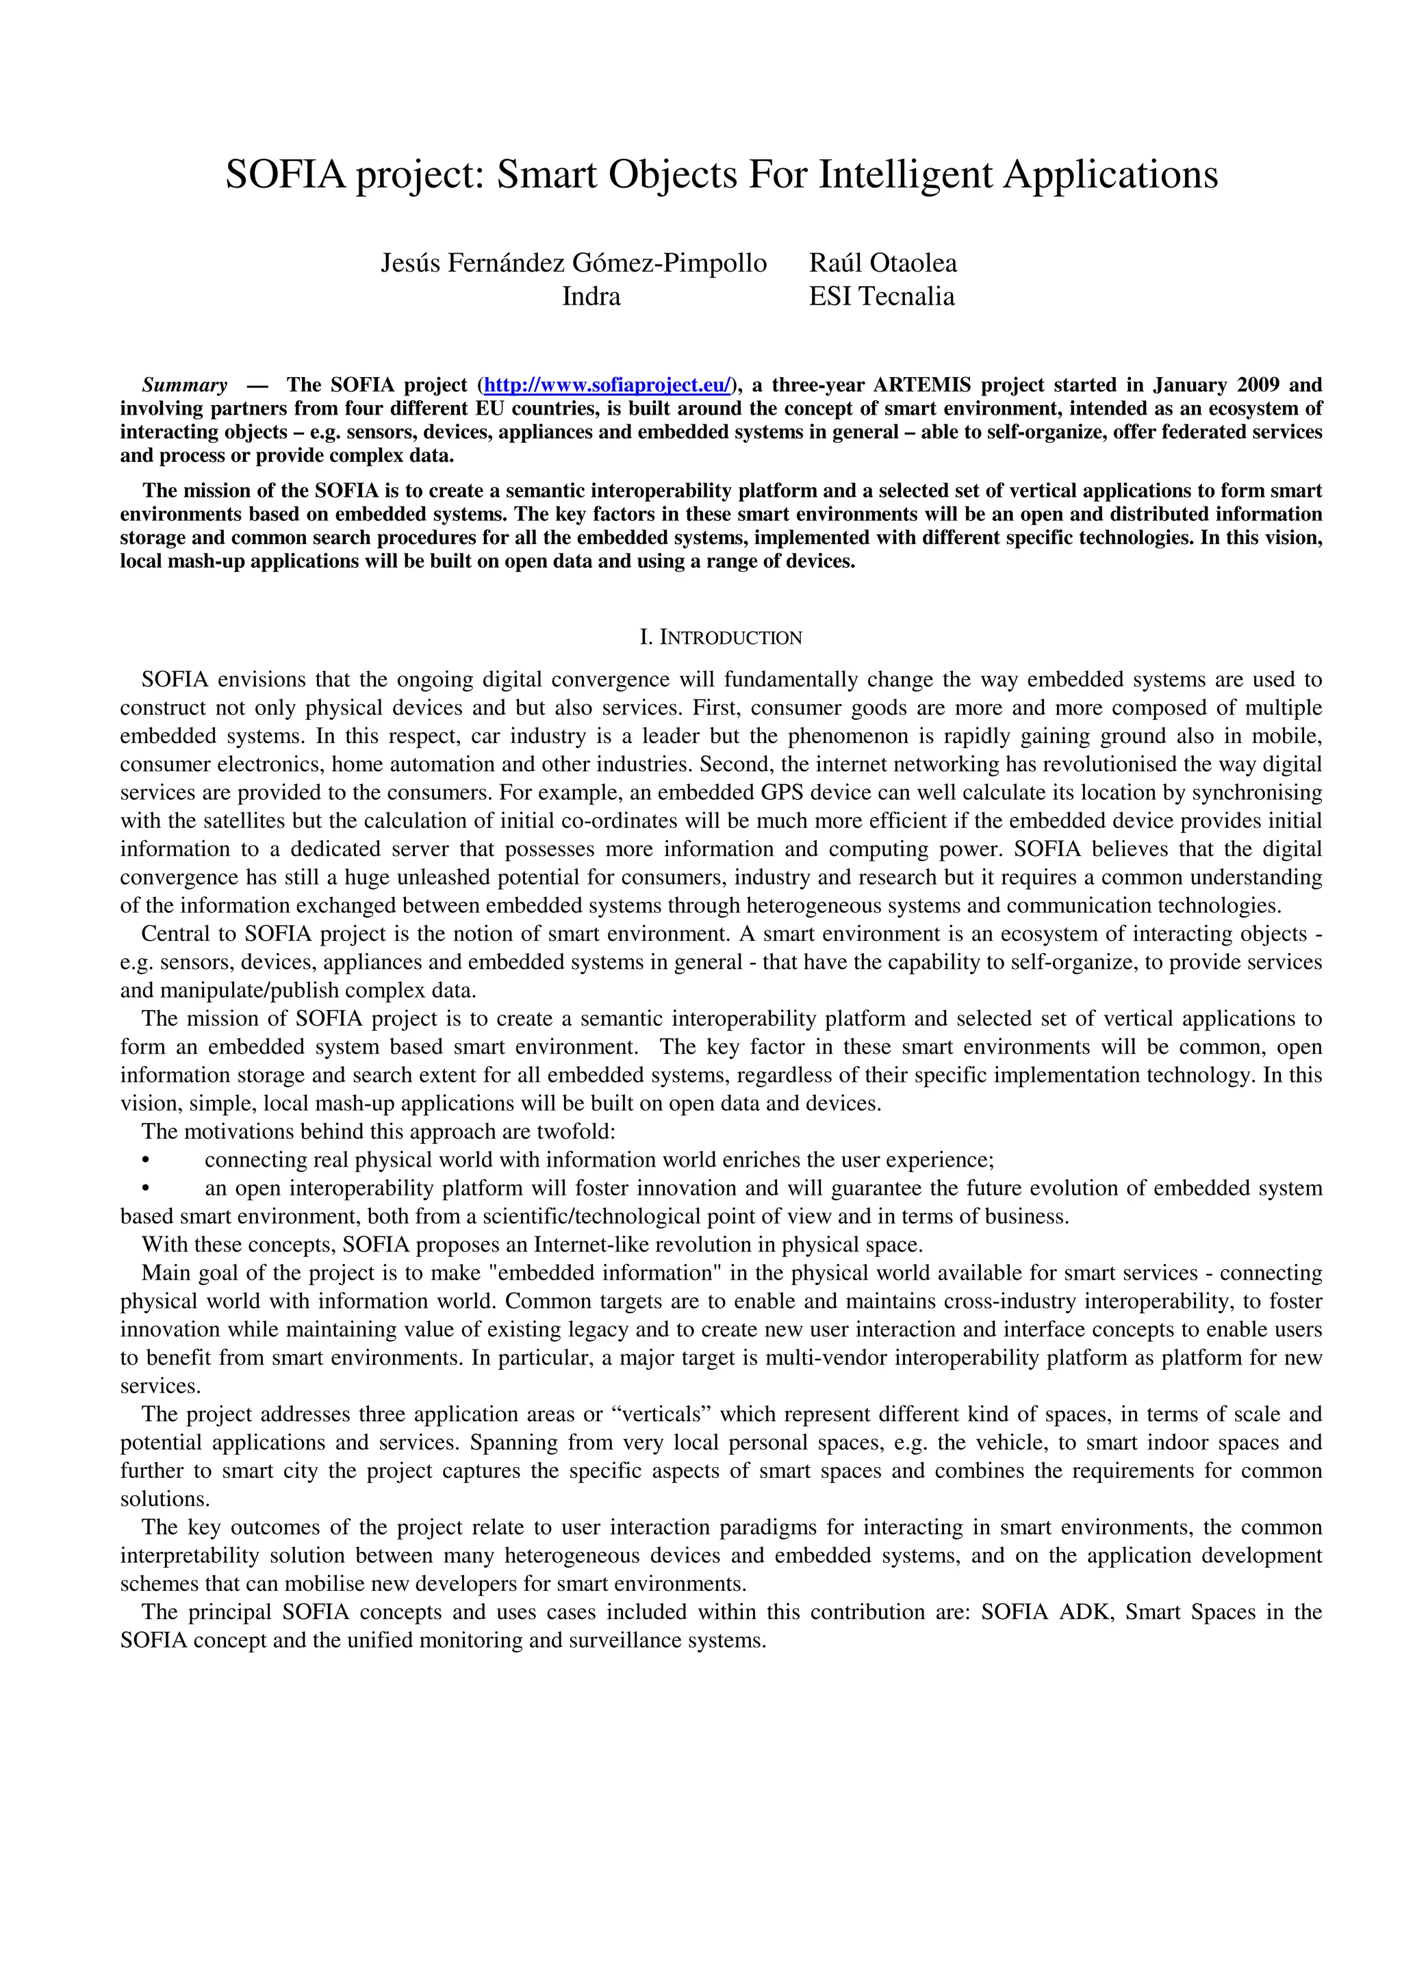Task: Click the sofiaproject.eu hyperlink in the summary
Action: click(x=607, y=385)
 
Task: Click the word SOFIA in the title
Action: click(x=286, y=175)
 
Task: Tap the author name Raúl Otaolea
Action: click(x=883, y=263)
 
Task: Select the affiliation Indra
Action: click(x=591, y=296)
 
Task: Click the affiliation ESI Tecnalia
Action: click(x=881, y=296)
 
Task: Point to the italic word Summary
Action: click(x=185, y=385)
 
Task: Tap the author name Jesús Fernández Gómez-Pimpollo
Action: click(x=574, y=263)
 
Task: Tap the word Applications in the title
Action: click(x=1109, y=175)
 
